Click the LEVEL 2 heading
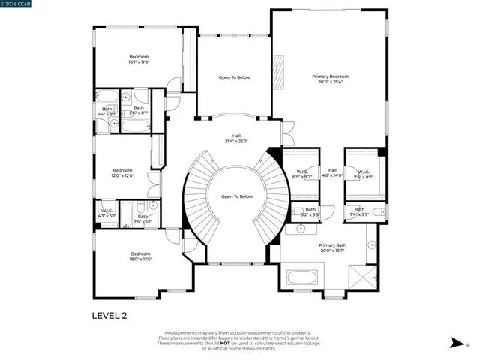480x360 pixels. pos(109,316)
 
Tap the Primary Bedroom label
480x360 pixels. pos(330,79)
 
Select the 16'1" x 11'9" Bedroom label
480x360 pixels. pos(139,60)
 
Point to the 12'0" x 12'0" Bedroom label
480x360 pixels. pos(123,173)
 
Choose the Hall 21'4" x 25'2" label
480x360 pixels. pos(236,139)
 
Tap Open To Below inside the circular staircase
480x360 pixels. pos(236,196)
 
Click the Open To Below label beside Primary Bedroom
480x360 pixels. pos(234,77)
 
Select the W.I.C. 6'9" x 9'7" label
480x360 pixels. pos(302,175)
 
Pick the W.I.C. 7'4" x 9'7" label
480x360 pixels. pos(363,175)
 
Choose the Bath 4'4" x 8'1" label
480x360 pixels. pos(107,112)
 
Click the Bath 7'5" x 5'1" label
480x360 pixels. pos(142,219)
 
